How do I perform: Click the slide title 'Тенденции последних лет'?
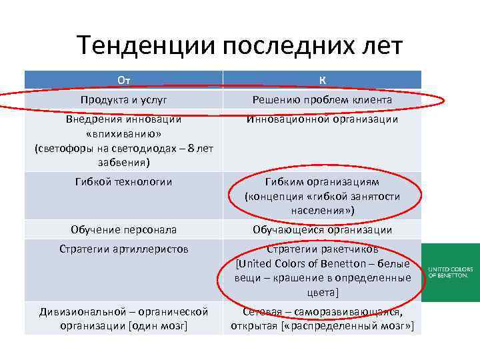[x=239, y=46]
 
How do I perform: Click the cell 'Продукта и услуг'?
[x=123, y=99]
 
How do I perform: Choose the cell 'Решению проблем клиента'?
[x=322, y=99]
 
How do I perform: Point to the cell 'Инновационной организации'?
[x=322, y=119]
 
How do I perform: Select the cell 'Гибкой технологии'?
[x=123, y=181]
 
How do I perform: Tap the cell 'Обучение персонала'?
[x=123, y=229]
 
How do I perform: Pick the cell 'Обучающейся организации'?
[x=322, y=229]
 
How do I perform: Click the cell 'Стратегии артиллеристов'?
[x=123, y=249]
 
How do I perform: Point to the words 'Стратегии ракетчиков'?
[x=322, y=249]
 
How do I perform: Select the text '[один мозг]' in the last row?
[x=158, y=326]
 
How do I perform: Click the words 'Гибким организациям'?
[x=322, y=181]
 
